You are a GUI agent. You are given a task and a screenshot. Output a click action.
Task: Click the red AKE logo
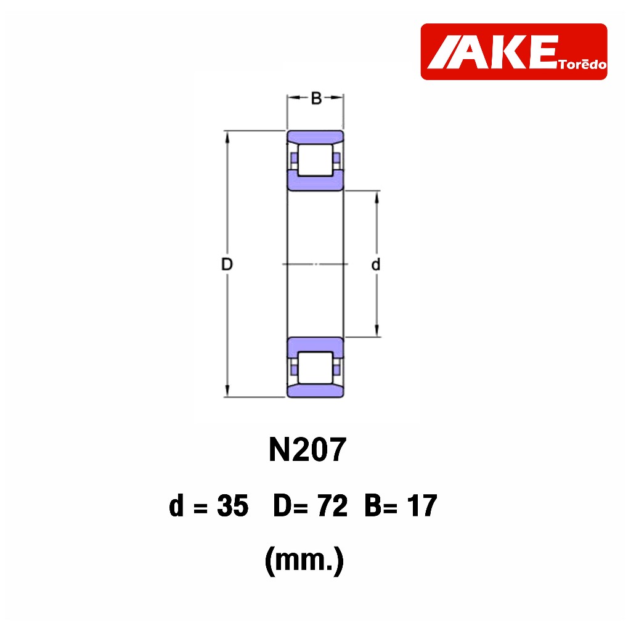coord(513,52)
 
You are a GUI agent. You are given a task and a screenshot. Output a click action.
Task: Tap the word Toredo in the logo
coord(582,64)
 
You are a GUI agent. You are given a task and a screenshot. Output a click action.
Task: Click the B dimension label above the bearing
coord(316,98)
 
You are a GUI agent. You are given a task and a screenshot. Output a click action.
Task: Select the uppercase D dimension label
coord(227,264)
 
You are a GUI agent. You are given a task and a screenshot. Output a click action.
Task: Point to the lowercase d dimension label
coord(375,264)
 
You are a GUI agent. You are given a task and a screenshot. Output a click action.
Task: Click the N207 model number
coord(307,449)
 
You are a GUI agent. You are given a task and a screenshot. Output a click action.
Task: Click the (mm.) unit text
coord(304,560)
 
